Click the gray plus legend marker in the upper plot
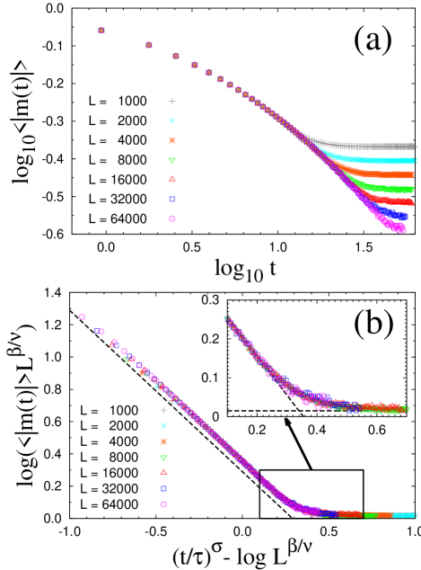coord(172,102)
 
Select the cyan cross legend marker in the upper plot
coord(172,120)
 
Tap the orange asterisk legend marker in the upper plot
coord(172,140)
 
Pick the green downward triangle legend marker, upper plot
coord(172,161)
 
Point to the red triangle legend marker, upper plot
coord(172,179)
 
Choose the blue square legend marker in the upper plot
coord(172,199)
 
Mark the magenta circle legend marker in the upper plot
coord(172,218)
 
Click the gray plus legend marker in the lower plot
coord(163,410)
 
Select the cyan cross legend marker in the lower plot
coord(163,426)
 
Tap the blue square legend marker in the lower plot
coord(163,488)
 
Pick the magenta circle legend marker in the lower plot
coord(163,504)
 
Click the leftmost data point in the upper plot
coord(101,31)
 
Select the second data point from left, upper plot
coord(149,45)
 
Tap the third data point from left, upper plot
coord(176,57)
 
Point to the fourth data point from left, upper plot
coord(195,65)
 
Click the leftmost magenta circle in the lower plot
coord(82,316)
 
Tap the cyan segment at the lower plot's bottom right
coord(404,515)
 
